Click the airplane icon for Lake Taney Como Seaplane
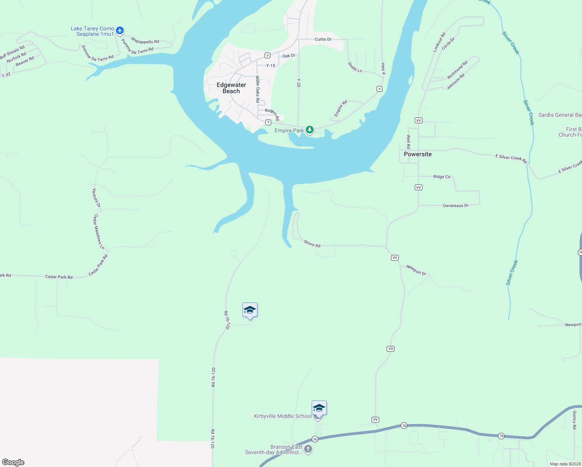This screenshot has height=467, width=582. point(120,30)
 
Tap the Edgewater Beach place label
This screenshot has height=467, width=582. point(231,88)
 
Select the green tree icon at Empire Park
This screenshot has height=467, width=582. point(310,130)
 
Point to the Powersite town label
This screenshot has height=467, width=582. point(417,154)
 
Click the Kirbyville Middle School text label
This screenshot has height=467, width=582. point(283,416)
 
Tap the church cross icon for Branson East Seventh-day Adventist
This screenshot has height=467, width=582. point(308,449)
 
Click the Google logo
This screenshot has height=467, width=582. point(13,462)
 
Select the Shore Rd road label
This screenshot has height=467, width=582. point(312,244)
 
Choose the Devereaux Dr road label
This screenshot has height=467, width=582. point(456,205)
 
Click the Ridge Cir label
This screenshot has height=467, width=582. point(442,177)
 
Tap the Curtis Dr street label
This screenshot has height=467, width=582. point(323,39)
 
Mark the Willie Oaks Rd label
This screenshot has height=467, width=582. point(258,89)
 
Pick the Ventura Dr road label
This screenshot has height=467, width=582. point(96,198)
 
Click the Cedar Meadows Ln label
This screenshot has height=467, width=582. point(99,232)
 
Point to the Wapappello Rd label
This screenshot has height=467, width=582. point(145,41)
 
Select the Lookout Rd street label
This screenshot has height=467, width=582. point(439,42)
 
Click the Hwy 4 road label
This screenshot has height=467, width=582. point(383,68)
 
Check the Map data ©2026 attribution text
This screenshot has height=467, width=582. point(565,464)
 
